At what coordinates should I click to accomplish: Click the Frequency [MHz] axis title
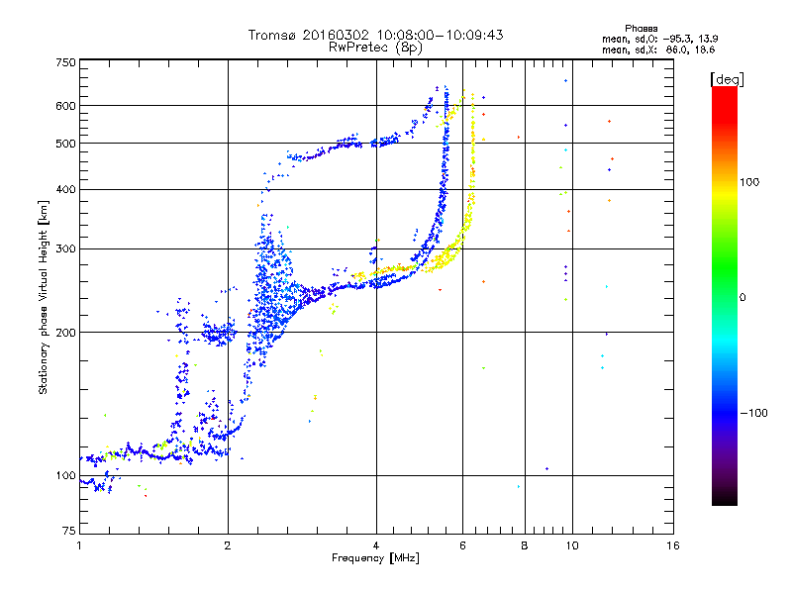[x=376, y=559]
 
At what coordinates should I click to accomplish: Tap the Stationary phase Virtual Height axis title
[x=44, y=297]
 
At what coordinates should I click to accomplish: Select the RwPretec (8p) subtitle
[x=376, y=47]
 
